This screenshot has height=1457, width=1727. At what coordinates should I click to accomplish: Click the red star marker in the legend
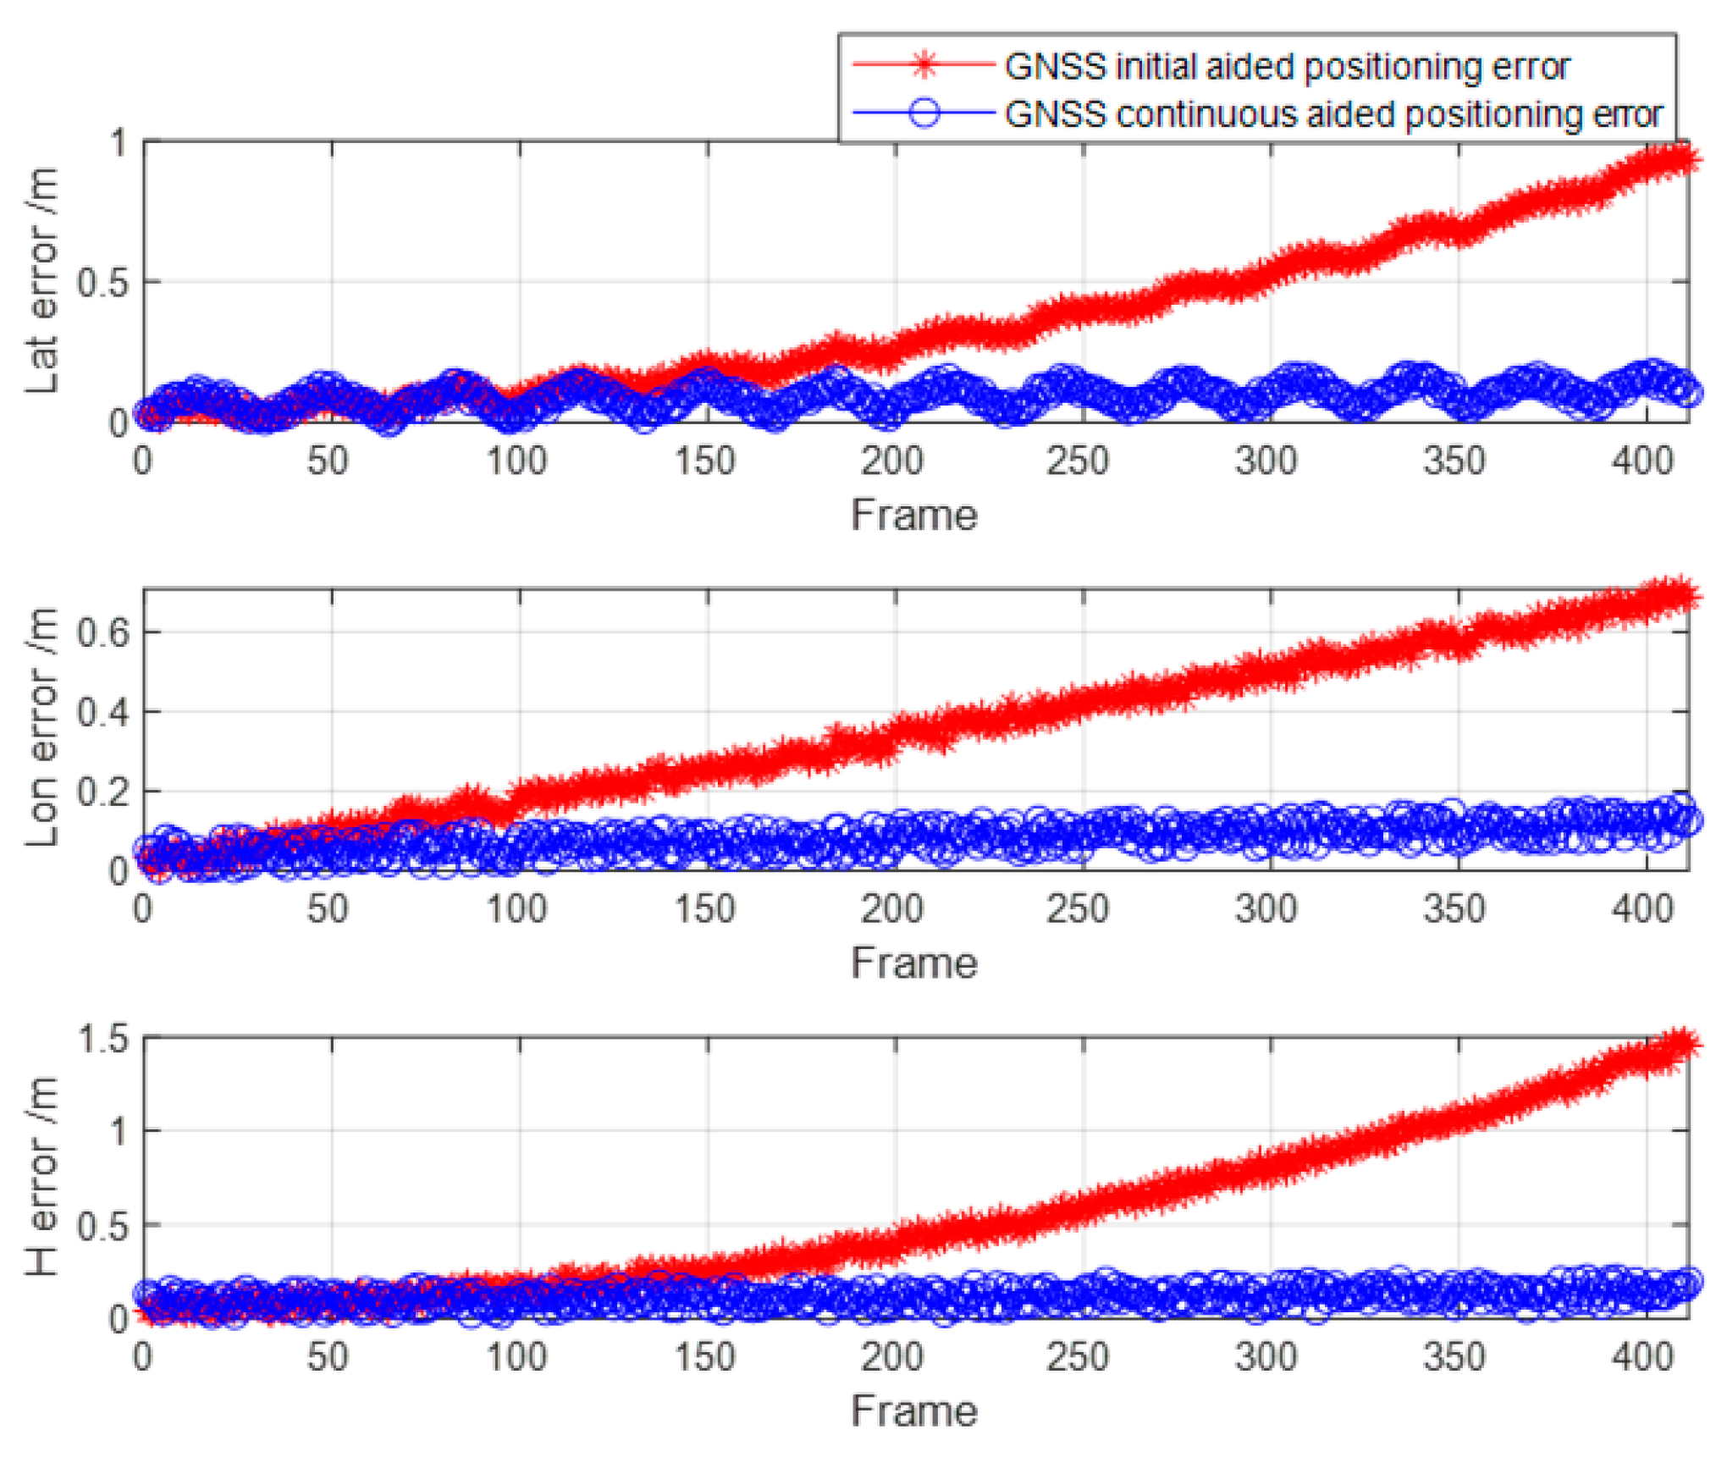[925, 64]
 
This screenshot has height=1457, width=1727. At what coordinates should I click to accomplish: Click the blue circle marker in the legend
[925, 113]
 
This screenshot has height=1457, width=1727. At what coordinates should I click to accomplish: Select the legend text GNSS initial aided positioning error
[1287, 66]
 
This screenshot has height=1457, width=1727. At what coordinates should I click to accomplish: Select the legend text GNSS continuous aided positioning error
[1333, 114]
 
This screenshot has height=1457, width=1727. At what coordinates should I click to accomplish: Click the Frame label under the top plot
[914, 515]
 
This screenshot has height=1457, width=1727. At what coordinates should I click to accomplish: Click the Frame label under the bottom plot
[914, 1411]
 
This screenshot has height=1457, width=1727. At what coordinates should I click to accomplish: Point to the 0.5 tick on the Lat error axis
[102, 283]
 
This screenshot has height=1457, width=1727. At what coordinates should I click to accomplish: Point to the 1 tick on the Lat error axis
[119, 143]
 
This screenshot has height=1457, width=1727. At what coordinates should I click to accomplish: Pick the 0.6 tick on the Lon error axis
[102, 632]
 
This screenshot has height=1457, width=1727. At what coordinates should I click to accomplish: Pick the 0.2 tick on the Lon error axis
[102, 792]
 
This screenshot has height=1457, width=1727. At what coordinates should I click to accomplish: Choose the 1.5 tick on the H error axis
[102, 1039]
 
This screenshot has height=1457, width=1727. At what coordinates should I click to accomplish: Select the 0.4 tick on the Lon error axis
[102, 712]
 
